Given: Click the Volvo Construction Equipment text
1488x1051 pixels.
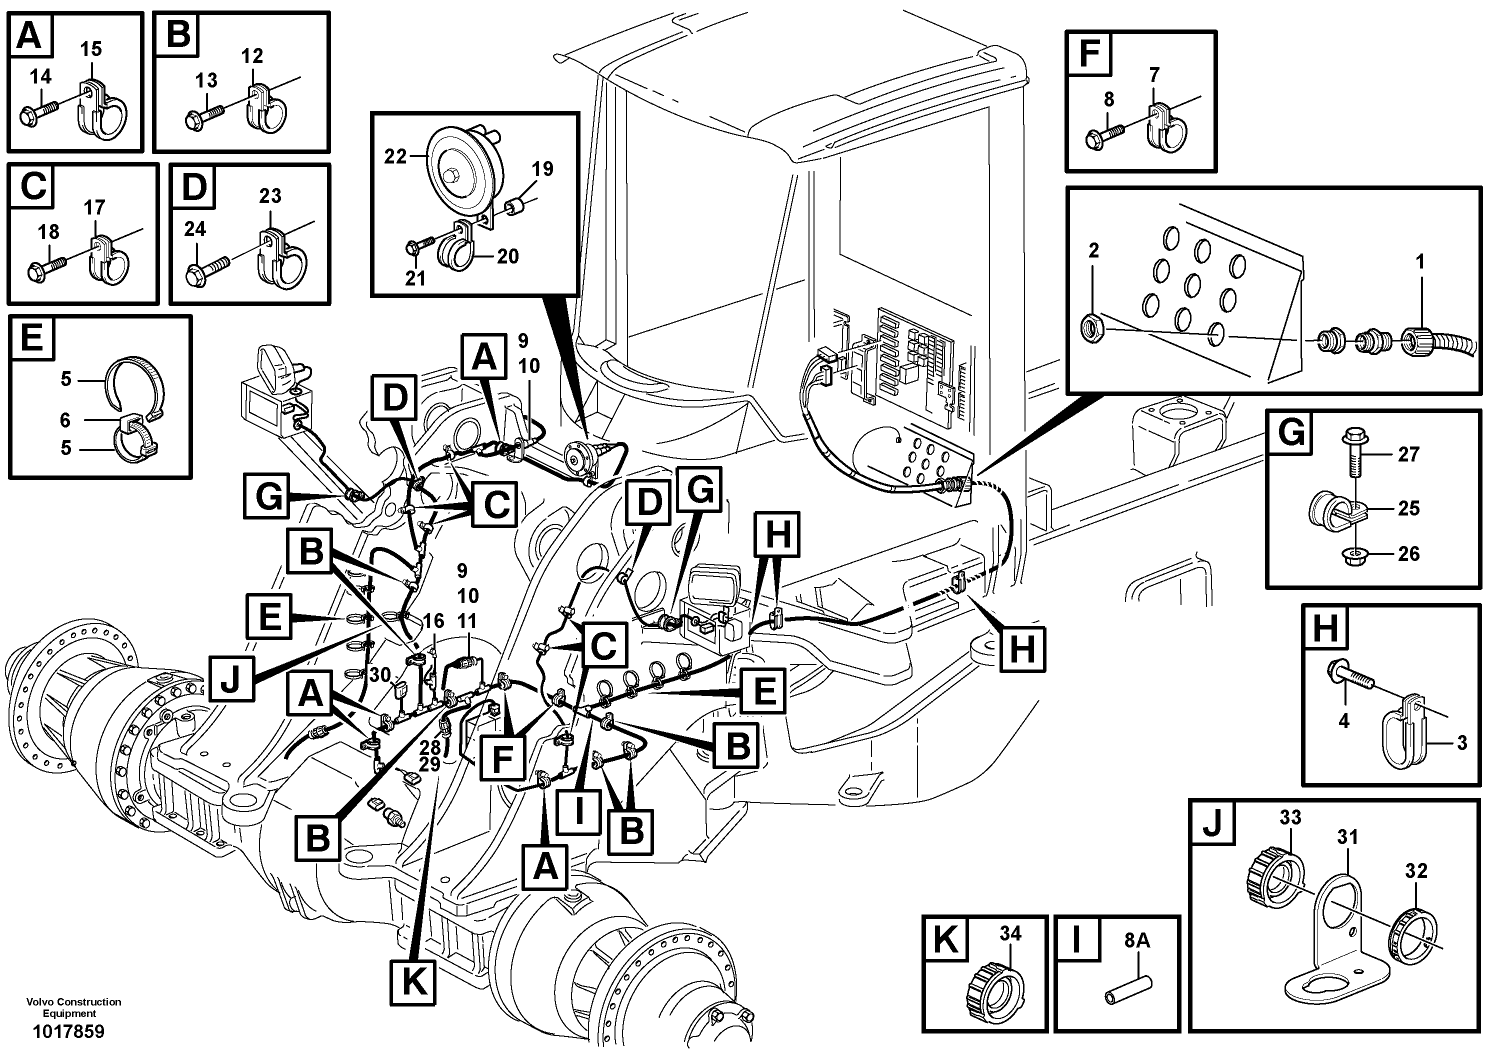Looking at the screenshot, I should tap(73, 1007).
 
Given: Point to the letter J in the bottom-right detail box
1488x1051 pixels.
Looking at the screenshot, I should tap(1212, 823).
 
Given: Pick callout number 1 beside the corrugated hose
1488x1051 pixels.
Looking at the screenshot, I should tap(1420, 262).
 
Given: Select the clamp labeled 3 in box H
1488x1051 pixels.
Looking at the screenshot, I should tap(1398, 738).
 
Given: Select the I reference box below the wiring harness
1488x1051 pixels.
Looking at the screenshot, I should tap(578, 808).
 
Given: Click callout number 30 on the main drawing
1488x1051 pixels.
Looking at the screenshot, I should tap(380, 675).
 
